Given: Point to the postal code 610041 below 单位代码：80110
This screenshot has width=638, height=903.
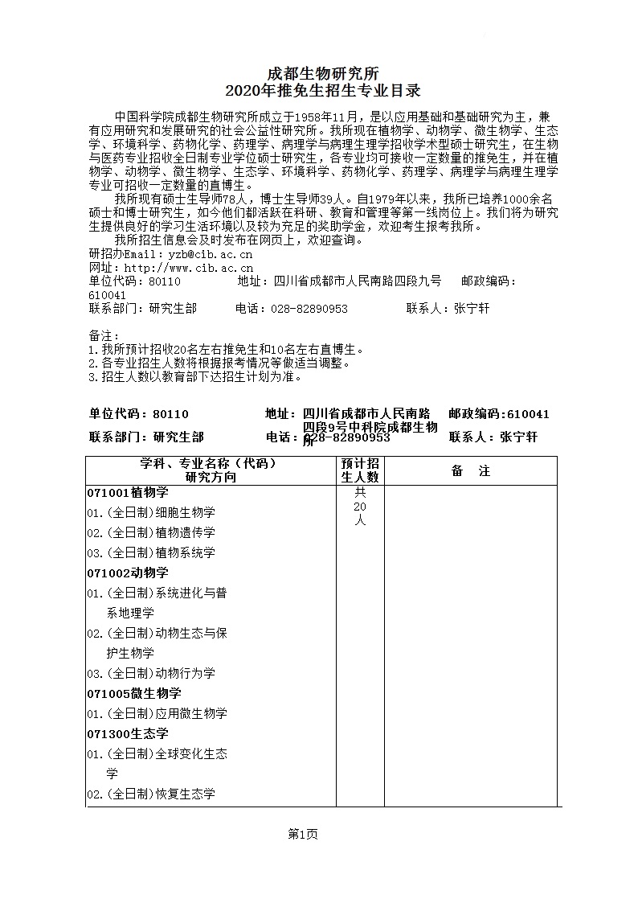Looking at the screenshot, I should coord(107,295).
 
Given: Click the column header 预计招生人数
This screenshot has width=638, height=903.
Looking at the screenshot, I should coord(360,470).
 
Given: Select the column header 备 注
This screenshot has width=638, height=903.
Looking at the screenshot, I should coord(470,471).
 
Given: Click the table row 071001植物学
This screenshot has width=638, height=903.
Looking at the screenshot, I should coord(128,492).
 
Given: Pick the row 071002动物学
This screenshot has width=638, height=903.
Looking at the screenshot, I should coord(128,573).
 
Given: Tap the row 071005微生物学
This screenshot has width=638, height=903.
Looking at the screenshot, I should coord(134,693).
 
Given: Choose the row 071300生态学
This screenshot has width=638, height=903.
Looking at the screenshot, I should coord(128,733).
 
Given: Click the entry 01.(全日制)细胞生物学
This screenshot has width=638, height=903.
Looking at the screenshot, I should coord(151,512).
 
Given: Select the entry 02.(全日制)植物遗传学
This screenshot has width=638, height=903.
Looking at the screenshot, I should coord(151,532).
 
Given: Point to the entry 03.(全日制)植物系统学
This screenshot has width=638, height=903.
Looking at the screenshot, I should coord(151,552).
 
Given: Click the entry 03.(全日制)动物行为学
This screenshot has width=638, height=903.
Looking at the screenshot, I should coord(151,673).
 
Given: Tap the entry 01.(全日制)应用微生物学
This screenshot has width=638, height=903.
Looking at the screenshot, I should coord(157,713).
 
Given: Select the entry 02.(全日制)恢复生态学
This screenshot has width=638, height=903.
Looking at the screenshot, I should coord(151,794).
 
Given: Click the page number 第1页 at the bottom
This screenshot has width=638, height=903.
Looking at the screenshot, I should coord(303,835).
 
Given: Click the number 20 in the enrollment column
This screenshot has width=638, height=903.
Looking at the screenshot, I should coord(359,507).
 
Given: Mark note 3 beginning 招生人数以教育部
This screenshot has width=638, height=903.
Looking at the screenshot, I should coord(195,376).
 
